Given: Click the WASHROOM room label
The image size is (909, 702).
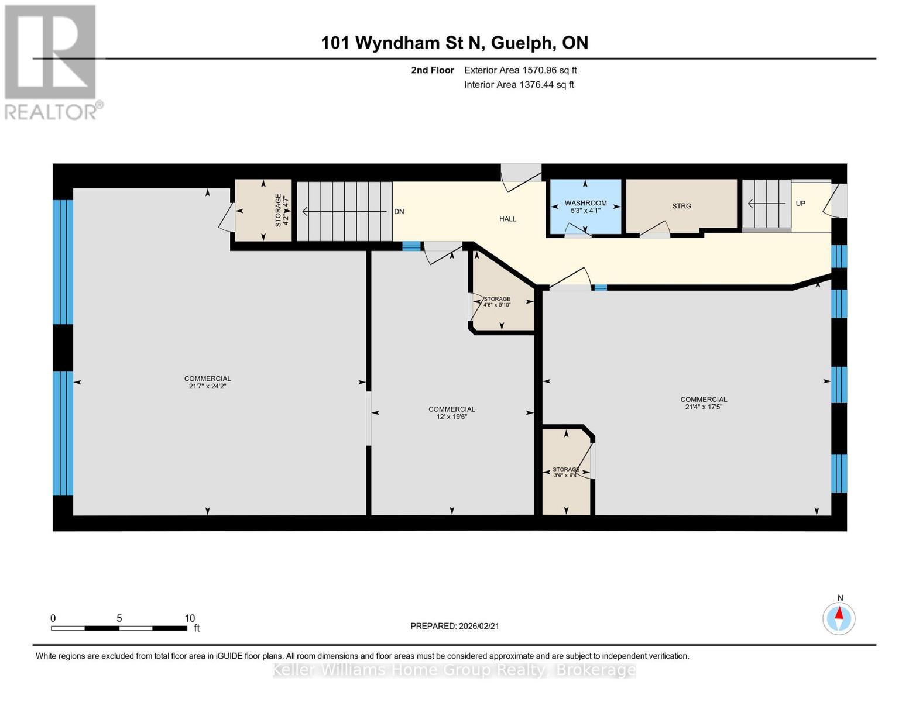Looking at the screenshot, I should (x=585, y=203).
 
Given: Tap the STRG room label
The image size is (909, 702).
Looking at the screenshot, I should (x=681, y=206).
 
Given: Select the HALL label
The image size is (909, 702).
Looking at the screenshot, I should (x=507, y=219).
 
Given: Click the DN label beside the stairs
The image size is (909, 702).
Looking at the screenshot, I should (x=399, y=212).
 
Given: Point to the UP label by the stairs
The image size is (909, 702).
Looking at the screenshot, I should (x=800, y=204).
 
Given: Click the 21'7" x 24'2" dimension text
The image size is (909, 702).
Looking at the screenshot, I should (x=207, y=386).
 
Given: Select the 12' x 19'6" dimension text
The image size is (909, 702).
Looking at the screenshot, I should (x=451, y=417).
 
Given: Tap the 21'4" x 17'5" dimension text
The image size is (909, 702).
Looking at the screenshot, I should (x=703, y=407).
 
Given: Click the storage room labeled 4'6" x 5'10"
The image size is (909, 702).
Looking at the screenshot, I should (x=497, y=302).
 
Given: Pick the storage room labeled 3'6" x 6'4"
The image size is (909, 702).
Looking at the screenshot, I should (x=565, y=472).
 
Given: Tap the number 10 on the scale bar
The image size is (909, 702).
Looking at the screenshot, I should (x=189, y=618).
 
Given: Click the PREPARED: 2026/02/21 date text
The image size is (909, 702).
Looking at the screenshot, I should (x=454, y=626).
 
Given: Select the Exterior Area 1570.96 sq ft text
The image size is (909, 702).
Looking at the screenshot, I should (x=520, y=70).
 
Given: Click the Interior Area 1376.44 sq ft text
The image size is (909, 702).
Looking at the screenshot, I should (x=519, y=85).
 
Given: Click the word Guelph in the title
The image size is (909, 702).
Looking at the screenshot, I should (x=521, y=43).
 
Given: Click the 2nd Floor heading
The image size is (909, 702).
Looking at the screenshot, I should (x=432, y=70).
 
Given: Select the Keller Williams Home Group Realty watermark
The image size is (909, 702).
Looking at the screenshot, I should (x=454, y=670).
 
